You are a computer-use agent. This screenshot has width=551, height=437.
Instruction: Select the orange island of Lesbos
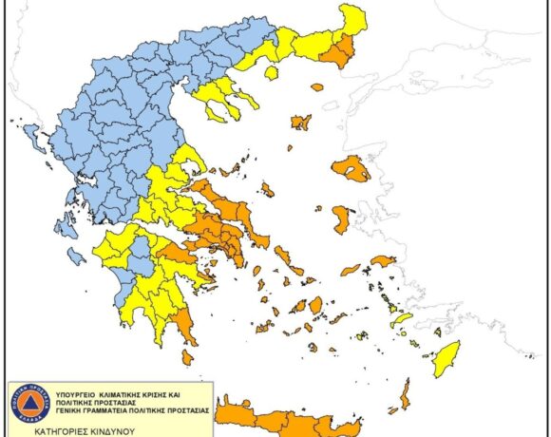pyautogui.click(x=351, y=169)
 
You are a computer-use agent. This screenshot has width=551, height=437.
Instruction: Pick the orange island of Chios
pyautogui.click(x=341, y=219)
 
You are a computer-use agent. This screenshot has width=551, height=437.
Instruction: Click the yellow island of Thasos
pyautogui.click(x=272, y=71)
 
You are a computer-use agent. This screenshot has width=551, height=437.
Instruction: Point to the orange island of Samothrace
pyautogui.click(x=316, y=87)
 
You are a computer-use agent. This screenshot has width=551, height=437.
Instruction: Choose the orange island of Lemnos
pyautogui.click(x=301, y=122)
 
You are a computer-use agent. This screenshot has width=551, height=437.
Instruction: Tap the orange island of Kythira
pyautogui.click(x=187, y=357)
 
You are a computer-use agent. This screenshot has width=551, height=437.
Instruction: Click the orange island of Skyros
pyautogui.click(x=269, y=190)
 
